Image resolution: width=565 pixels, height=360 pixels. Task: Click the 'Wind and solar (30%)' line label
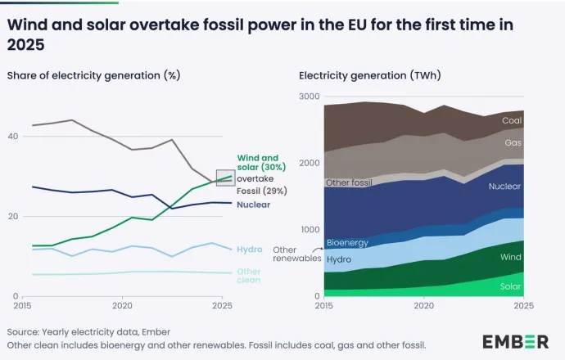(x=258, y=162)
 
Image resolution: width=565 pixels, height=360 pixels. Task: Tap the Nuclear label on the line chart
(x=255, y=204)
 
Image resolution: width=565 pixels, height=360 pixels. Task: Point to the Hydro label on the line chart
(x=249, y=249)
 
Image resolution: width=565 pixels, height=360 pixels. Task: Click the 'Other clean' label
(x=249, y=276)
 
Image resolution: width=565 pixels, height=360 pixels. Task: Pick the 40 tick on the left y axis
(x=12, y=136)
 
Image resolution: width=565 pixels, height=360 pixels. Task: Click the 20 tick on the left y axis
(x=12, y=216)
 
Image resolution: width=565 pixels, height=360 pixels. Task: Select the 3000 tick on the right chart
(x=310, y=97)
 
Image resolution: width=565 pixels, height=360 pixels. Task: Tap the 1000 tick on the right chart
(x=310, y=230)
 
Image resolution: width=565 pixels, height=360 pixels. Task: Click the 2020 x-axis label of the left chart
(x=123, y=306)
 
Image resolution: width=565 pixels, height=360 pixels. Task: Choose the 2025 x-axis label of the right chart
(x=523, y=306)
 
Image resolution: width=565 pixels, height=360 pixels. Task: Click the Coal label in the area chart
(x=512, y=120)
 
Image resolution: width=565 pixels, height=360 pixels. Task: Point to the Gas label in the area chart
(x=513, y=142)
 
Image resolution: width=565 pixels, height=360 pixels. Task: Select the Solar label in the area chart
(x=511, y=286)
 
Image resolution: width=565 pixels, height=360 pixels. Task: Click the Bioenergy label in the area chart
(x=347, y=243)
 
